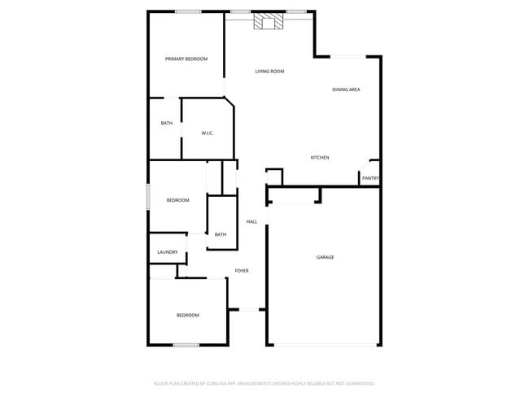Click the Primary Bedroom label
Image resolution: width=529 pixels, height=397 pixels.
pyautogui.click(x=186, y=59)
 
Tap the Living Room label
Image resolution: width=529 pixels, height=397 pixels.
pyautogui.click(x=269, y=72)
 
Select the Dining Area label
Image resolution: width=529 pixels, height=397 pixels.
pyautogui.click(x=346, y=89)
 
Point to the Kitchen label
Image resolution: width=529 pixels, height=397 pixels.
pyautogui.click(x=320, y=157)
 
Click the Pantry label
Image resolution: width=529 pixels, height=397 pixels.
pyautogui.click(x=370, y=178)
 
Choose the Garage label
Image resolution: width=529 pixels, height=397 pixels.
pyautogui.click(x=326, y=257)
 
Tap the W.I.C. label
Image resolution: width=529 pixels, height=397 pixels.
pyautogui.click(x=207, y=133)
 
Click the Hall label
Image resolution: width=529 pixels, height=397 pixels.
pyautogui.click(x=251, y=221)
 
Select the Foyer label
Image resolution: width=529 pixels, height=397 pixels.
pyautogui.click(x=242, y=270)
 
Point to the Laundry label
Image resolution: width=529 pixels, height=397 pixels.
pyautogui.click(x=167, y=252)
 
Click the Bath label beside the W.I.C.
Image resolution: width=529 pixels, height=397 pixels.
pyautogui.click(x=166, y=123)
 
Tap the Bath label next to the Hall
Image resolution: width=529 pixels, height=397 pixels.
pyautogui.click(x=220, y=235)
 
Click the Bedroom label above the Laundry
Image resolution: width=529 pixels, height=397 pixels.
pyautogui.click(x=177, y=200)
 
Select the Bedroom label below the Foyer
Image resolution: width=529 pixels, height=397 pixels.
pyautogui.click(x=188, y=315)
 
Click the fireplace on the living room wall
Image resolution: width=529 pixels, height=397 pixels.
pyautogui.click(x=269, y=22)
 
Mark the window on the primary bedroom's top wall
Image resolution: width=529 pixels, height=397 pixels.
pyautogui.click(x=189, y=11)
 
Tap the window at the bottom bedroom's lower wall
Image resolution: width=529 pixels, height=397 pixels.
pyautogui.click(x=186, y=345)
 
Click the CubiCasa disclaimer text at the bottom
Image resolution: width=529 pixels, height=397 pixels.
pyautogui.click(x=264, y=382)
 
